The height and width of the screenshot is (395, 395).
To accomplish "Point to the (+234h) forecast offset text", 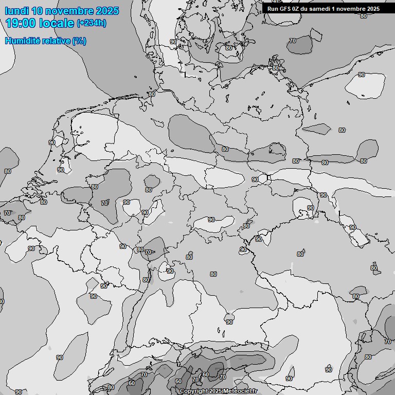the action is (x=92, y=23).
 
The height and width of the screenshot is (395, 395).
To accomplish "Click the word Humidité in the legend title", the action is (x=22, y=41).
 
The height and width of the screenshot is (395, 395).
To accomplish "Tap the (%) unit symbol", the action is (x=79, y=41).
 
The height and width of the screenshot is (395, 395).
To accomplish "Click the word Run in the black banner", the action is (x=273, y=8).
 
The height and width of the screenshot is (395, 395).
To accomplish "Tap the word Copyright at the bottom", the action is (x=194, y=391).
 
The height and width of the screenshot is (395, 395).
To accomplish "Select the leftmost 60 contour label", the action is (x=132, y=383).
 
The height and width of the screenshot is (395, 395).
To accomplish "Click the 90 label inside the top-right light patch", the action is (x=362, y=75).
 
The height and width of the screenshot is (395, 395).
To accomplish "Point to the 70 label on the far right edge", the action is (x=388, y=341).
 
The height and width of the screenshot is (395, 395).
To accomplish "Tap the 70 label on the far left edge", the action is (x=7, y=213).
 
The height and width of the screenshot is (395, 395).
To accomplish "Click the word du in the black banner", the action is (x=306, y=8).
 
